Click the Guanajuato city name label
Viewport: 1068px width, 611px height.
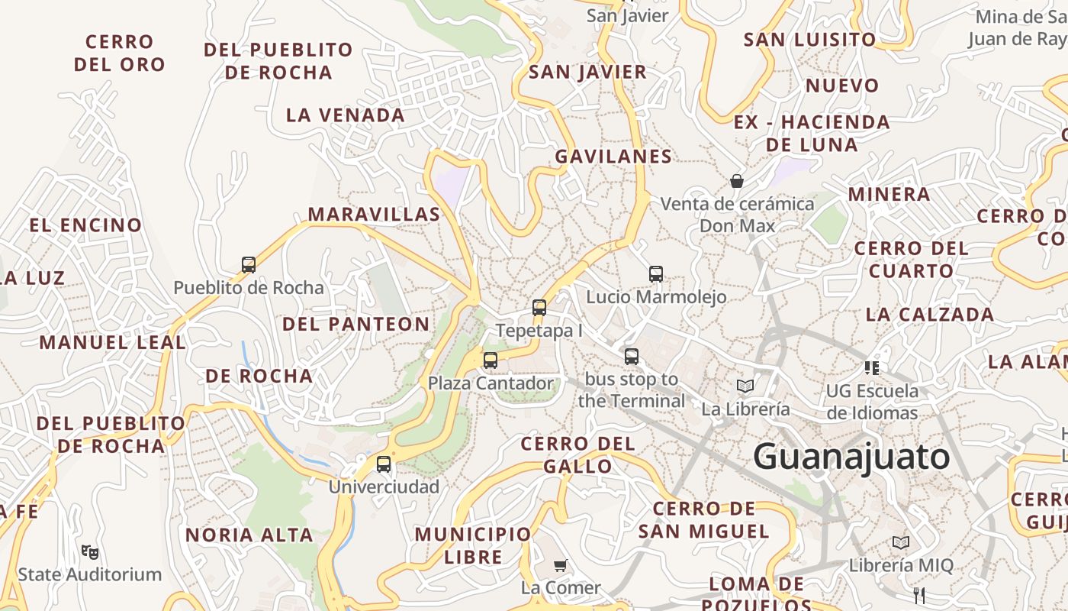[851, 457]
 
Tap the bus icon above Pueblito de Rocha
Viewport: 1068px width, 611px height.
[249, 265]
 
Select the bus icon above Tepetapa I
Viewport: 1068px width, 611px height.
[539, 308]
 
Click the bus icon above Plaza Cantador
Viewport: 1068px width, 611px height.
[491, 360]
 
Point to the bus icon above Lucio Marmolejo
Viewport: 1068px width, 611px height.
[656, 273]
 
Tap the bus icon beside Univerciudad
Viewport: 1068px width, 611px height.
[384, 464]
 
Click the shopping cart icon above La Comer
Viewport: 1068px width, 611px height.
[561, 565]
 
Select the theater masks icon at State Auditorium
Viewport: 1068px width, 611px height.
[90, 551]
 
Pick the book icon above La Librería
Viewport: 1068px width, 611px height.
[745, 386]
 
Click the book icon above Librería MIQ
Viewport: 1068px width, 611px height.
[901, 542]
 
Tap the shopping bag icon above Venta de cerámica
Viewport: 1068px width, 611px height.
[737, 181]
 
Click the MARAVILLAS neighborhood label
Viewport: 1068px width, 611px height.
[374, 215]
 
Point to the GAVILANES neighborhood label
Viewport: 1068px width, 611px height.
[613, 157]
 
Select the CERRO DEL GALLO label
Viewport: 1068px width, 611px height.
[577, 454]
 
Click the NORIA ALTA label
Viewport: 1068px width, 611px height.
[249, 535]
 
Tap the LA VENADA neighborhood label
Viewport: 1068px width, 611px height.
[346, 115]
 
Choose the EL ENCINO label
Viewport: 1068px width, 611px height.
[85, 225]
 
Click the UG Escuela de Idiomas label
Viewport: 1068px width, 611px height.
[872, 402]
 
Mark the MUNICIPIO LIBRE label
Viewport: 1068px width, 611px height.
[473, 545]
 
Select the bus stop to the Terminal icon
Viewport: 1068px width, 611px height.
[632, 356]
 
